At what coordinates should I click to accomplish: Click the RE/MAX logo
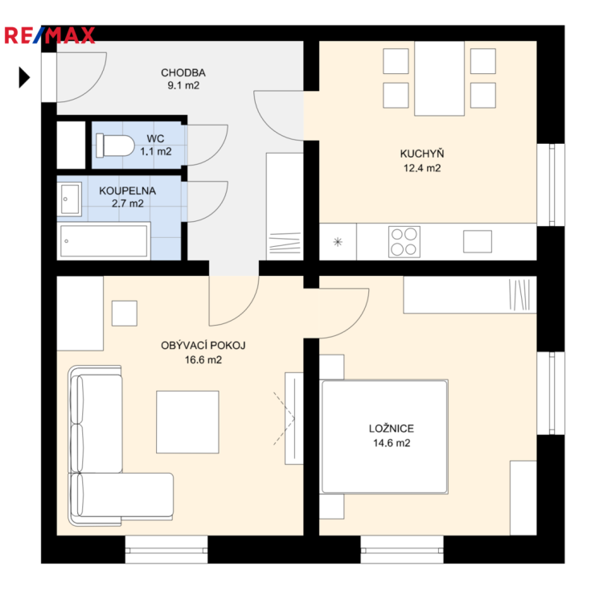tap(49, 35)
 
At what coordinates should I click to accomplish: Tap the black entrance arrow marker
tap(24, 77)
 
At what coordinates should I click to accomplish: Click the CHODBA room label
tap(183, 72)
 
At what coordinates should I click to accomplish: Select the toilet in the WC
tap(115, 146)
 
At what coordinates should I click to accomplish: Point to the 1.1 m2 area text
tap(156, 151)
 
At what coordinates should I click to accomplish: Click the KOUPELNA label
tap(128, 191)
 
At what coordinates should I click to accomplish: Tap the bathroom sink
tap(69, 199)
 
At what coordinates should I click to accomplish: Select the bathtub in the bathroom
tap(104, 241)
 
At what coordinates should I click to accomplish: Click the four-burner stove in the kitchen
tap(404, 242)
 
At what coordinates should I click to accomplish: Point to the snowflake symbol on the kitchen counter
tap(338, 242)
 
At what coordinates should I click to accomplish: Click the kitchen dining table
tap(440, 78)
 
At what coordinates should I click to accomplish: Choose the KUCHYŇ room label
tap(422, 154)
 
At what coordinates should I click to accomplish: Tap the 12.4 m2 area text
tap(422, 168)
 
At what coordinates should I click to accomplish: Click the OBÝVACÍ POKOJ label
tap(203, 346)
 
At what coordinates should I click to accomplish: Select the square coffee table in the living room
tap(187, 422)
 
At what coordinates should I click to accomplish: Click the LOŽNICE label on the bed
tap(392, 429)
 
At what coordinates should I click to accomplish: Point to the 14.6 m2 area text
tap(392, 443)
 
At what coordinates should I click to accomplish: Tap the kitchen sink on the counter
tap(478, 241)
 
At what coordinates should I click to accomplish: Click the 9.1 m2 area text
tap(183, 85)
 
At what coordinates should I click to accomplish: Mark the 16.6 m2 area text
tap(203, 359)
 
